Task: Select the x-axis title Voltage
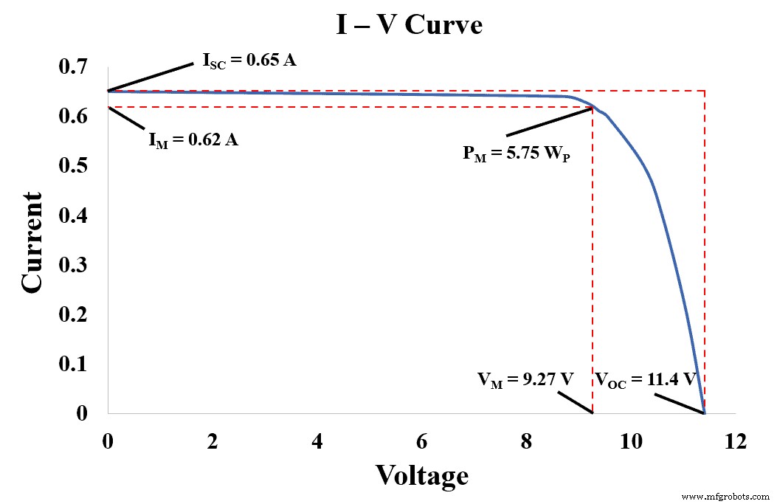point(421,474)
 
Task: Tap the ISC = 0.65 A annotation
point(249,61)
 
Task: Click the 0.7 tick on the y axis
point(74,67)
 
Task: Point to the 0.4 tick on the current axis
point(74,215)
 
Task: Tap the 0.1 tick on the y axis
point(74,364)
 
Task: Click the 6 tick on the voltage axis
point(421,442)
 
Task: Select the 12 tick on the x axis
point(735,442)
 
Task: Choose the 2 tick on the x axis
point(213,442)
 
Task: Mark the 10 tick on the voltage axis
point(631,442)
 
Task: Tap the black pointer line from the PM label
point(549,122)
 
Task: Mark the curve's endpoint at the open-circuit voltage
point(705,412)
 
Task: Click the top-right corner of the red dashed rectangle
point(705,91)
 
